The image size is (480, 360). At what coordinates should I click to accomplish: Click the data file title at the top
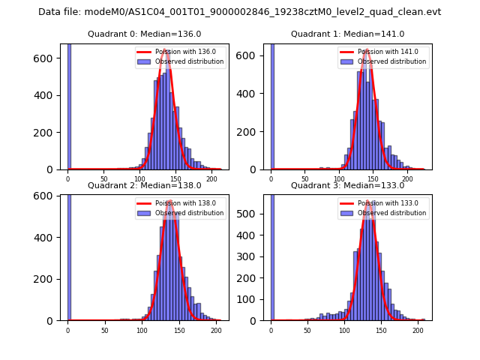(239, 12)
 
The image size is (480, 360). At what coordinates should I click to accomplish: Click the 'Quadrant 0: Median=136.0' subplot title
(144, 34)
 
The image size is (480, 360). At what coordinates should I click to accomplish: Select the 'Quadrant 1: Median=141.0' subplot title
(347, 34)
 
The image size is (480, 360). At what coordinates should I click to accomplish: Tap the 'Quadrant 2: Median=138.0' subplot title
(144, 185)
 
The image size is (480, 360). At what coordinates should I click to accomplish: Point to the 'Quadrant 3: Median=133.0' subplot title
(347, 185)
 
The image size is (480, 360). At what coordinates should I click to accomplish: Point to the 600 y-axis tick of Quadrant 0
(49, 58)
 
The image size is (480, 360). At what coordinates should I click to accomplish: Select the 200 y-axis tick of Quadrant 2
(49, 279)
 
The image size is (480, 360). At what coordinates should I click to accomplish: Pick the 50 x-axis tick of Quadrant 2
(104, 330)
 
